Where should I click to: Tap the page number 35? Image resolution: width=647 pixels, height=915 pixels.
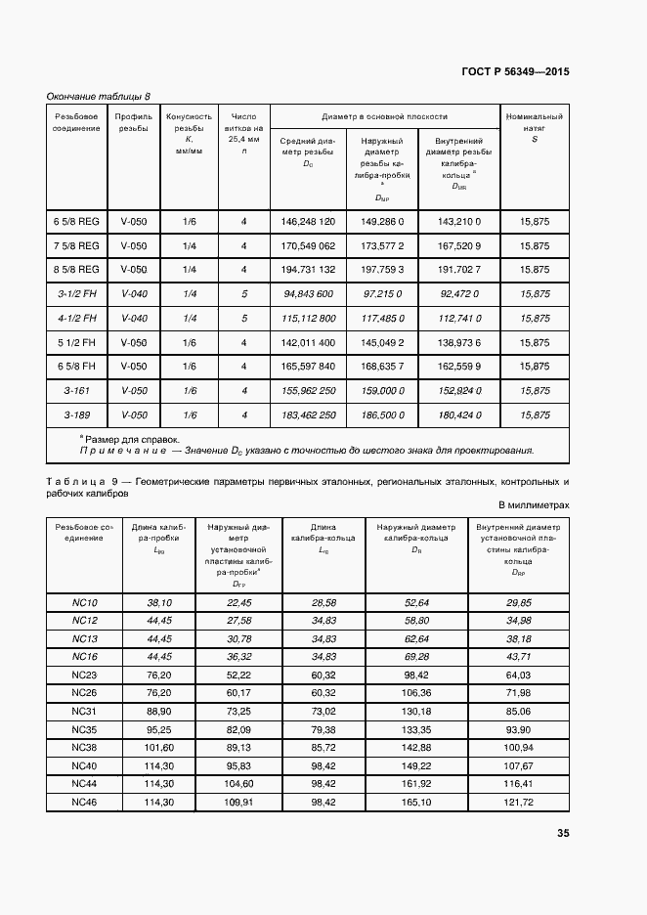(x=562, y=834)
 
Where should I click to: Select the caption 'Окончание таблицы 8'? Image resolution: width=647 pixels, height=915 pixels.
(x=99, y=96)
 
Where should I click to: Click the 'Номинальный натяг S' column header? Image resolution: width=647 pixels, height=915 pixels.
(x=535, y=127)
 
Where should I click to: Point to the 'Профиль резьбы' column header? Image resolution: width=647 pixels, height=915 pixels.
(x=134, y=122)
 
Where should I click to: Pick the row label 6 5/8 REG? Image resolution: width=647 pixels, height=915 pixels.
(x=76, y=222)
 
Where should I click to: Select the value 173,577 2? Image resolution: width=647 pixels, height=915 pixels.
(x=382, y=246)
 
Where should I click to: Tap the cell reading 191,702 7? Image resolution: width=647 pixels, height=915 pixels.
(x=459, y=270)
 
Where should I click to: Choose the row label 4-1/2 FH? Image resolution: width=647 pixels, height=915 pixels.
(x=76, y=319)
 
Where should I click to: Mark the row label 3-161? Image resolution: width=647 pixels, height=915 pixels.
(x=76, y=391)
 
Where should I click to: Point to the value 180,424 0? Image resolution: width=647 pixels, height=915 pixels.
(x=459, y=415)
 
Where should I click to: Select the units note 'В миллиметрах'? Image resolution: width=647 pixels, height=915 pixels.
(x=534, y=505)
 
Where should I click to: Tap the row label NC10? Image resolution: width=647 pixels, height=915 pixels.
(x=85, y=603)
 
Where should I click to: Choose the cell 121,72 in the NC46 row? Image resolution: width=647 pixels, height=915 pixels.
(x=519, y=802)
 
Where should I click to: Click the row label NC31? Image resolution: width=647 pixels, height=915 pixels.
(x=85, y=710)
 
